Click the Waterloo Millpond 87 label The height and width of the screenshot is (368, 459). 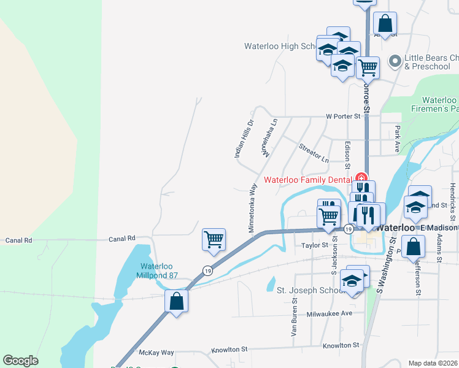158,270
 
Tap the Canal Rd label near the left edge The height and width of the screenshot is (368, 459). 18,240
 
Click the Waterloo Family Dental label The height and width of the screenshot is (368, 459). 307,180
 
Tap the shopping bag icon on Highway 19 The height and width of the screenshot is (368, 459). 177,301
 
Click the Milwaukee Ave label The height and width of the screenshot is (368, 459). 330,313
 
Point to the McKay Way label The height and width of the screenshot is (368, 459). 156,353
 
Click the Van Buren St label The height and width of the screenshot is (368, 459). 295,318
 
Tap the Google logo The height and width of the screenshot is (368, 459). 20,361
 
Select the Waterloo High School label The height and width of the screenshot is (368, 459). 280,46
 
